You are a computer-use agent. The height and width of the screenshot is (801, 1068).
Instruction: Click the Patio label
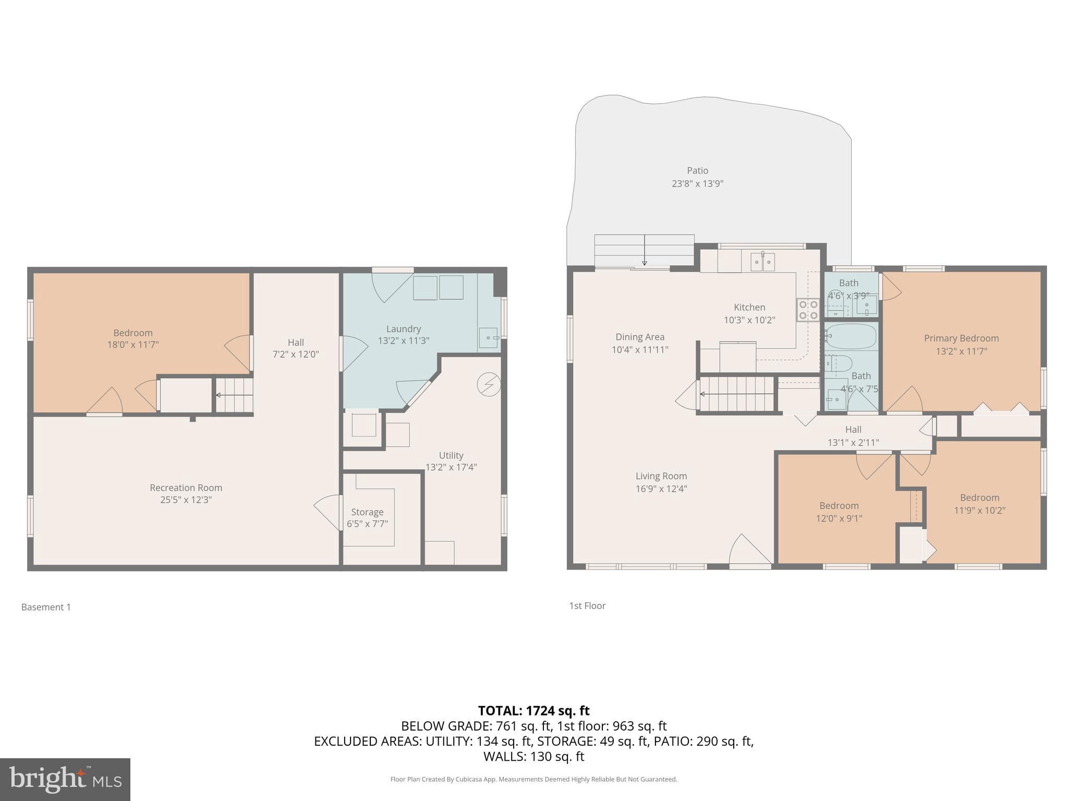(x=697, y=171)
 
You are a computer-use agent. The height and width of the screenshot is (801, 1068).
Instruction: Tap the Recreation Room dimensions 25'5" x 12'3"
(x=186, y=500)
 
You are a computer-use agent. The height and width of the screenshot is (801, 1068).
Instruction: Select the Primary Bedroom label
(x=961, y=338)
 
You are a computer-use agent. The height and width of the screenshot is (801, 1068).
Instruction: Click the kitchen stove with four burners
(x=808, y=310)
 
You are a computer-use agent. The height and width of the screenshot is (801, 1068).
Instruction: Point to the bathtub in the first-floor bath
(x=851, y=336)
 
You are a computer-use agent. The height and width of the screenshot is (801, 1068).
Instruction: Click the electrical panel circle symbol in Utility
(x=489, y=385)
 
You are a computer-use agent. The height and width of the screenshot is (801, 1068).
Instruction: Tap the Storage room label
(x=367, y=512)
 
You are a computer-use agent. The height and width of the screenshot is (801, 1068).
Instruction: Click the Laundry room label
(x=403, y=329)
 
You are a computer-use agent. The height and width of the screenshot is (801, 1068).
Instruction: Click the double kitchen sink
(x=762, y=262)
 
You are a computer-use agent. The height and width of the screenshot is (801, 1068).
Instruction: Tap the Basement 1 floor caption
(x=46, y=607)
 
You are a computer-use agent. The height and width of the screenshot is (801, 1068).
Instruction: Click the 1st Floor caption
(x=587, y=606)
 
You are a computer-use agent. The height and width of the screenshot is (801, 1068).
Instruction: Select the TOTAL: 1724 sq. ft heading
(x=533, y=711)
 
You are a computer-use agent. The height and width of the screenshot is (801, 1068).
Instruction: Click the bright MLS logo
(x=65, y=779)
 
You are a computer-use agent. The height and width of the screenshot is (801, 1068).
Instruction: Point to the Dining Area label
(x=640, y=337)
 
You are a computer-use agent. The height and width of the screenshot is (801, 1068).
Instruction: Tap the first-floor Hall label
(x=853, y=430)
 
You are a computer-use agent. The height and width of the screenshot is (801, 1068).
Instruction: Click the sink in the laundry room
(x=489, y=338)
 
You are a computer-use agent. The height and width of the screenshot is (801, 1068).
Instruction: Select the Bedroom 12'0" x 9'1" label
(x=839, y=506)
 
